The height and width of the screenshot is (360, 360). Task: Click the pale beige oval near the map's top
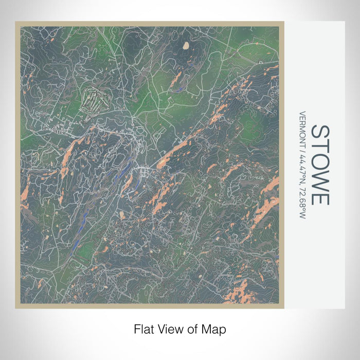click(186, 46)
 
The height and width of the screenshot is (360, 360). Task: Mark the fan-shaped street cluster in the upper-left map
click(94, 98)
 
